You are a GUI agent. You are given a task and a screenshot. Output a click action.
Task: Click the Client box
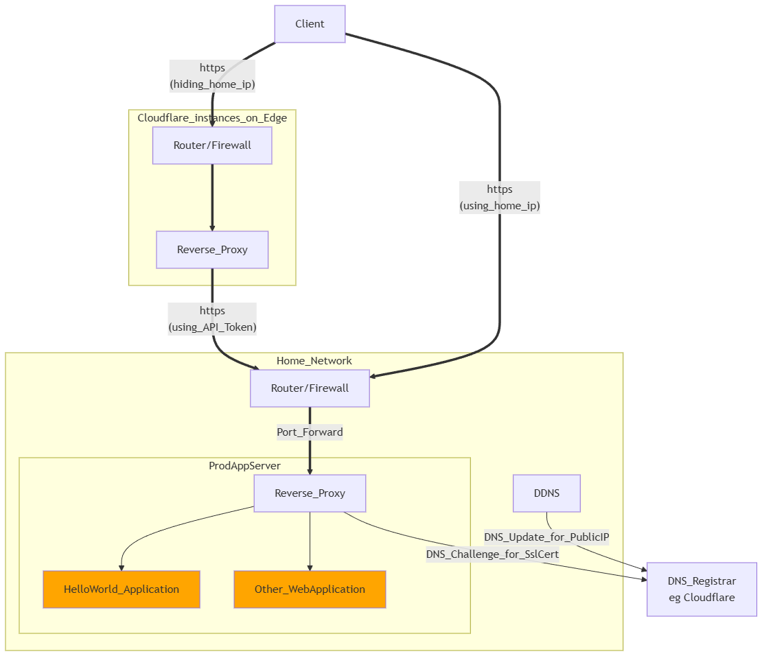click(310, 24)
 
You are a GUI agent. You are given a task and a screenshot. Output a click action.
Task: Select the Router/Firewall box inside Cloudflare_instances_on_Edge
click(212, 145)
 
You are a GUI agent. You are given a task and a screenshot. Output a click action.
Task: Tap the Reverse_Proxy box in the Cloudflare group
click(212, 250)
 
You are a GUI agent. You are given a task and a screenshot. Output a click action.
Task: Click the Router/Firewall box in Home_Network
click(310, 388)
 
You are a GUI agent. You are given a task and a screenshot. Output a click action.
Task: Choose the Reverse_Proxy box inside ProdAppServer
click(310, 493)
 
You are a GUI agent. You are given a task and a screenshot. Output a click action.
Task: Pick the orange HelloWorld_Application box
click(122, 589)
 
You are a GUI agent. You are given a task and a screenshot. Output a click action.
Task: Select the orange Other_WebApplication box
click(310, 589)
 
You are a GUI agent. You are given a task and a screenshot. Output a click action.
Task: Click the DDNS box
click(546, 493)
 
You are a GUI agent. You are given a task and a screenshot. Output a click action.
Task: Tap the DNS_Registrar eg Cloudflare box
click(702, 589)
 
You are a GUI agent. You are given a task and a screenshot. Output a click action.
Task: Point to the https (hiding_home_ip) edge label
click(212, 76)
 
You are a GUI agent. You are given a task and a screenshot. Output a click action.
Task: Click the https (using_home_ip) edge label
click(500, 198)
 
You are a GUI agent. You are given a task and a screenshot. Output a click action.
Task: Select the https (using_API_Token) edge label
click(212, 319)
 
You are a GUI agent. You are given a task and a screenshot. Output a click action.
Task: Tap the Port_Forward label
click(310, 432)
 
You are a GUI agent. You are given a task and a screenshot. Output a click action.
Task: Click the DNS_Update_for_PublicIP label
click(546, 537)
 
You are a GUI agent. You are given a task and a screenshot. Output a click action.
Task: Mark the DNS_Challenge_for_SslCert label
click(492, 554)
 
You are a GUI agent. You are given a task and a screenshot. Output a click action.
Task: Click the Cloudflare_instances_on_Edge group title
click(212, 118)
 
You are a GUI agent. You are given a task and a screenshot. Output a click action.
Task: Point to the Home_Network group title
click(314, 361)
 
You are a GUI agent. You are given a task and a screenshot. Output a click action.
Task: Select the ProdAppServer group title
click(244, 466)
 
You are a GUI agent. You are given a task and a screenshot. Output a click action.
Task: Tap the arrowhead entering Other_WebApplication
click(310, 567)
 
